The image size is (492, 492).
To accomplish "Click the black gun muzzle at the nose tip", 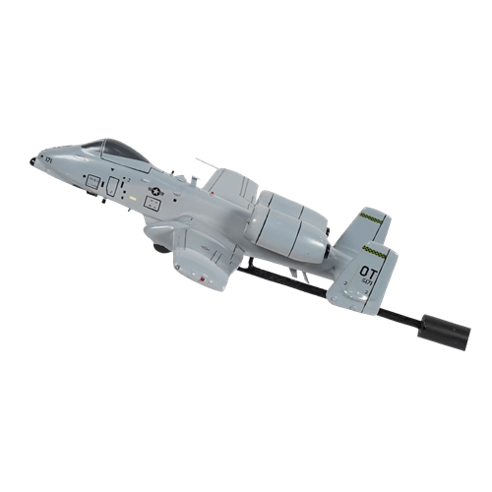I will [33, 158].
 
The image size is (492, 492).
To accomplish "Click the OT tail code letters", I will [367, 270].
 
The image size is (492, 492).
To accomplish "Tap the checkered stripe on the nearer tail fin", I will [375, 250].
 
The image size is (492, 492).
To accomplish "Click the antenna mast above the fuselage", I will [202, 162].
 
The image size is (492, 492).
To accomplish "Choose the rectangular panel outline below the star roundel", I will [153, 202].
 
